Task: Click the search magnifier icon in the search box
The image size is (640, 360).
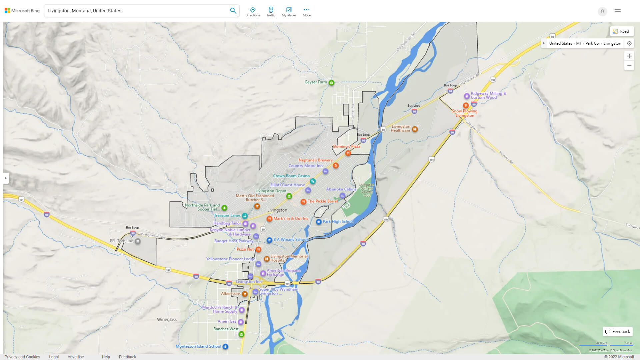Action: [x=233, y=11]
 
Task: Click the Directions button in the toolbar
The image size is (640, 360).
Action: [x=253, y=12]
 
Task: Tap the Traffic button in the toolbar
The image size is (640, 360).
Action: [x=271, y=12]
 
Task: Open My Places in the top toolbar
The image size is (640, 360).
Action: [x=289, y=12]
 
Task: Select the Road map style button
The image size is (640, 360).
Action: [x=621, y=31]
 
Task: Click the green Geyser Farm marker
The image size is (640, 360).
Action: [x=331, y=83]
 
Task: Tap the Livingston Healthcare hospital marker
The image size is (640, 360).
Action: [x=415, y=129]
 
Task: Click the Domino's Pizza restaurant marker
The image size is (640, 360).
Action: [x=348, y=153]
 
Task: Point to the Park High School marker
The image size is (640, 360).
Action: [x=319, y=222]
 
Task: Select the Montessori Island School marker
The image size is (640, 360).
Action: [x=225, y=347]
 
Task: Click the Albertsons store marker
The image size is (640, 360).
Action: [x=245, y=294]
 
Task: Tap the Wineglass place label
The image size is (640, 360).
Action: [x=167, y=320]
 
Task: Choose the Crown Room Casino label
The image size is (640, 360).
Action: [x=291, y=176]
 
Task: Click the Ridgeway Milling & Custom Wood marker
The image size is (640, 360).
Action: [x=467, y=96]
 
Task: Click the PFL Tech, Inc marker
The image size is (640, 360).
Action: [x=137, y=241]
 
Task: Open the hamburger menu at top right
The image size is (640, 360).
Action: [x=618, y=11]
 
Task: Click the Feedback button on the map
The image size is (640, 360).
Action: [x=618, y=332]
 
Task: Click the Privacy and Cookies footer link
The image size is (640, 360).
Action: [x=22, y=357]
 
